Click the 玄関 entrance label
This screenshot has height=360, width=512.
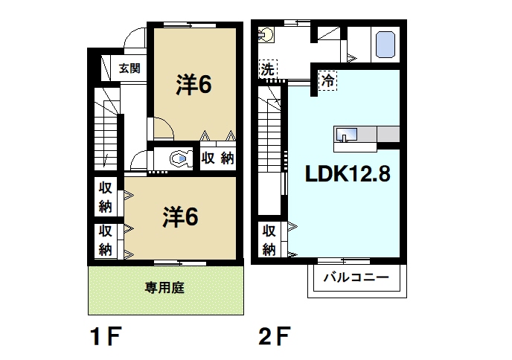tap(129, 69)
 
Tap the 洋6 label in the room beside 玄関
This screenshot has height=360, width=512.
tap(195, 85)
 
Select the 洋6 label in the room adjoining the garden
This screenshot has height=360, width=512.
tap(182, 217)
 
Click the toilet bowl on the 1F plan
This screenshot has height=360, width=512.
tap(179, 158)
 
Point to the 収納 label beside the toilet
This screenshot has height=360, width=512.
tap(218, 158)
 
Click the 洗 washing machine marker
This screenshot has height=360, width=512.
tap(267, 69)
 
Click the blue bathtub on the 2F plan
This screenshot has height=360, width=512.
tap(385, 44)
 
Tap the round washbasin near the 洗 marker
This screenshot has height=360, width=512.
tap(268, 35)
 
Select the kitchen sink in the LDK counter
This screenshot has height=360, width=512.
tap(347, 135)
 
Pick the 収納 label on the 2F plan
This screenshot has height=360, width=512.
tap(269, 240)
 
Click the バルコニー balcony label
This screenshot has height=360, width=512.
tap(355, 280)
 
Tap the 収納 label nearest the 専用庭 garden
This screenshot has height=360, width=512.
tap(106, 240)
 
